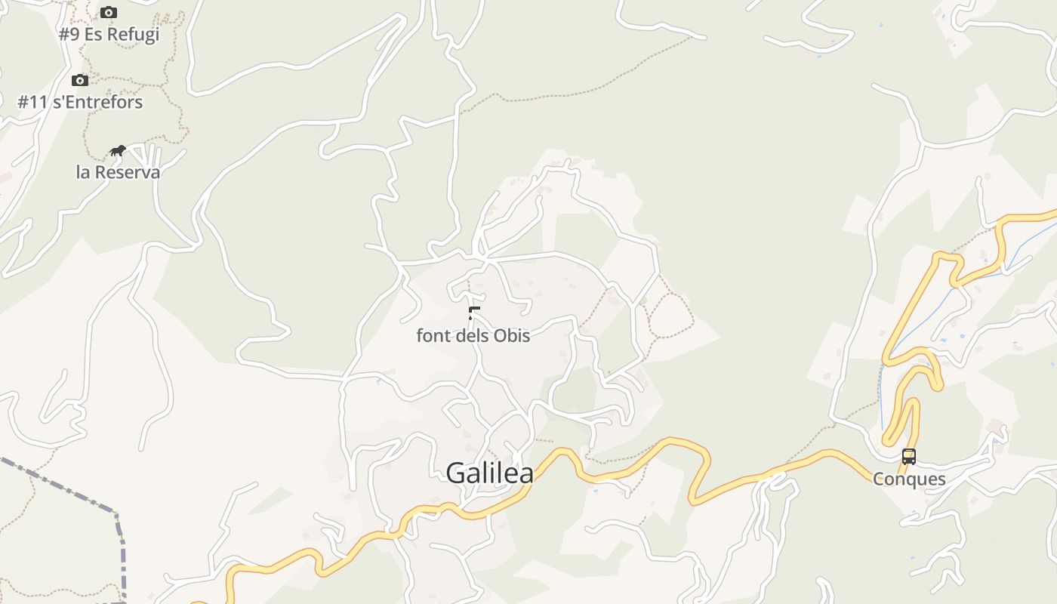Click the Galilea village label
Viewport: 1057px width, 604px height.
(x=489, y=473)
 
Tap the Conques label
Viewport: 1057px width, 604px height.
(x=909, y=479)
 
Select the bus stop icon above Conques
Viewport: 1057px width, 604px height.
(x=909, y=457)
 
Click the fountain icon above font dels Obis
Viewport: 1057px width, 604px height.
(x=474, y=313)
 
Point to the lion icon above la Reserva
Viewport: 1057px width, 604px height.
(x=117, y=151)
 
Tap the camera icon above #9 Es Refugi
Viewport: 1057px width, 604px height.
(x=109, y=13)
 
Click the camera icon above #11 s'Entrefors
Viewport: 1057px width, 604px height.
(x=80, y=80)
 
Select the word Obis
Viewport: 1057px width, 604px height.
(x=512, y=335)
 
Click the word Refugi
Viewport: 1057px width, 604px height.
(x=133, y=35)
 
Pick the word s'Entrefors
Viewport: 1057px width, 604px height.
(x=97, y=102)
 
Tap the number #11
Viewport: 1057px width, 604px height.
(x=32, y=102)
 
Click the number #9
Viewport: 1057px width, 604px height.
(x=69, y=35)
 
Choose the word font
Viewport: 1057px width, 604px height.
(x=434, y=335)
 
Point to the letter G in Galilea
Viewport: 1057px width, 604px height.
(x=456, y=473)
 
